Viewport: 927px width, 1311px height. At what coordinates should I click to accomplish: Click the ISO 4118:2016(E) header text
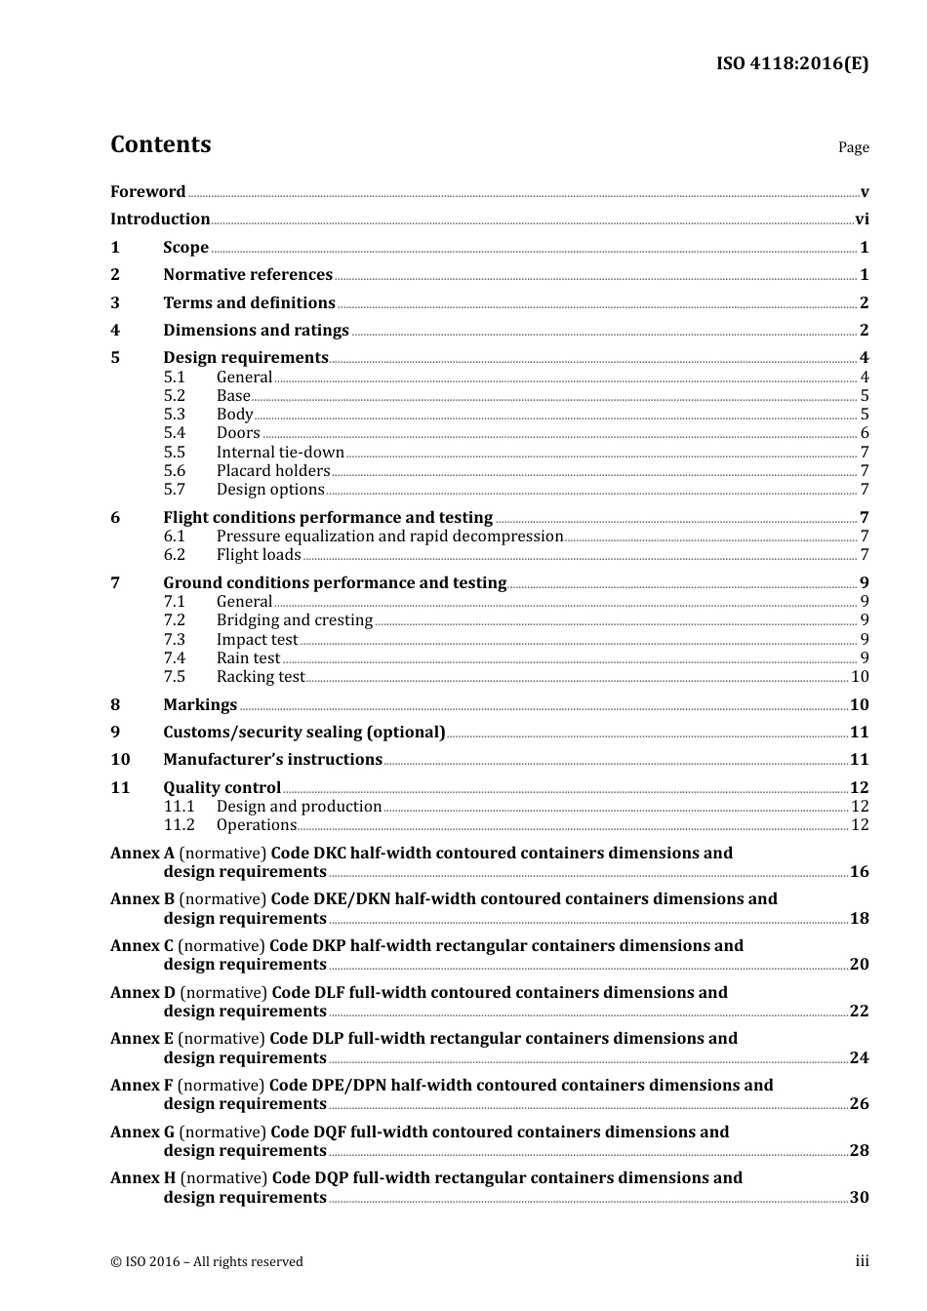coord(791,64)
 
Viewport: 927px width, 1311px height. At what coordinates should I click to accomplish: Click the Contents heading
coord(160,144)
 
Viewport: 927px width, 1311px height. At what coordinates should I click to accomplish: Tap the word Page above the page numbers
coord(853,147)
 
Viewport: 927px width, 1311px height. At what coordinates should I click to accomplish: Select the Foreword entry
coord(147,192)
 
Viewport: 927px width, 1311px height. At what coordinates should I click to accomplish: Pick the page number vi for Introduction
coord(862,219)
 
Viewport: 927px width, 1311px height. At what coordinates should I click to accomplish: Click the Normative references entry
coord(248,275)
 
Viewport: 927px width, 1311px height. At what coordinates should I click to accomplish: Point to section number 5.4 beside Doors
coord(174,433)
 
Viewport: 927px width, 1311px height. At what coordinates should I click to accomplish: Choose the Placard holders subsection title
coord(273,471)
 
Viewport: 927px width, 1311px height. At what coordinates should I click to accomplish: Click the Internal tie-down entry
coord(280,453)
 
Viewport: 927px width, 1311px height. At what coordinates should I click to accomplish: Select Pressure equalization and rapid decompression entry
coord(389,536)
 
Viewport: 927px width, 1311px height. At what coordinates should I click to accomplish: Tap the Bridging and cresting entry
coord(295,620)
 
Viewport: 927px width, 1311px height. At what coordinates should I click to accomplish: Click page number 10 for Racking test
coord(860,677)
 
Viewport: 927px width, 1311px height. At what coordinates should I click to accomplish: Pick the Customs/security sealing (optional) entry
coord(303,733)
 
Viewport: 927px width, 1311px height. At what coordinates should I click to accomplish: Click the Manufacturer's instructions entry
coord(272,760)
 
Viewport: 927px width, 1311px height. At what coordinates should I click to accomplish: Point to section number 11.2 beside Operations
coord(179,825)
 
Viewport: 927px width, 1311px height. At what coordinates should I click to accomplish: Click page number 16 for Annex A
coord(859,872)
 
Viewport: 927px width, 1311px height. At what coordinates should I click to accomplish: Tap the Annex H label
coord(142,1178)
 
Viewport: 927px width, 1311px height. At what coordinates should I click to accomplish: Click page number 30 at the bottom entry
coord(859,1198)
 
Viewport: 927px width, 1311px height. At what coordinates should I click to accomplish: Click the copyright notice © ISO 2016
coord(206,1262)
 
